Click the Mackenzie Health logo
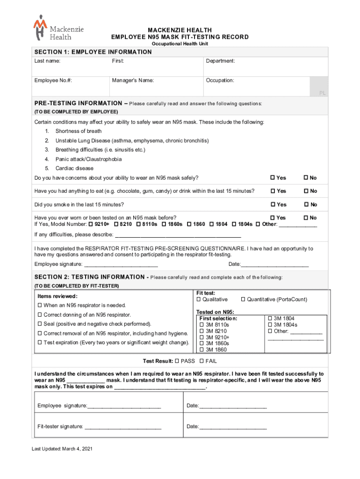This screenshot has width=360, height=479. click(58, 28)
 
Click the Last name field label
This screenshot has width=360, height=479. click(47, 61)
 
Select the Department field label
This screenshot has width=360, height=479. click(220, 61)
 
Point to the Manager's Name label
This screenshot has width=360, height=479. click(133, 80)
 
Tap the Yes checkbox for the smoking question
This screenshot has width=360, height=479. click(274, 204)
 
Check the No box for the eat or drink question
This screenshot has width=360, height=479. click(306, 191)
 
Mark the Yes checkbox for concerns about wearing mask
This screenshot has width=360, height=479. click(274, 178)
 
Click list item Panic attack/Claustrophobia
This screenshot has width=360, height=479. click(88, 159)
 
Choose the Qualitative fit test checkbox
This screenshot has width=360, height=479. click(199, 299)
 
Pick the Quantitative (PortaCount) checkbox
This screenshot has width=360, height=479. click(243, 299)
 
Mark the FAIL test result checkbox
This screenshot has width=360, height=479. click(202, 361)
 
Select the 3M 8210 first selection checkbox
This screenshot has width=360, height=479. click(202, 331)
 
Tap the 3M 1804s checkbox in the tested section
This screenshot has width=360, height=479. click(270, 325)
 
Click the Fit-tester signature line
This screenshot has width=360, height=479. click(123, 427)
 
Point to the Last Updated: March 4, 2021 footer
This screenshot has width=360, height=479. click(62, 449)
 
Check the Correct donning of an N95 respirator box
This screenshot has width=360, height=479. click(40, 315)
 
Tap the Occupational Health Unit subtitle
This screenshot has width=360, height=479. click(180, 44)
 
